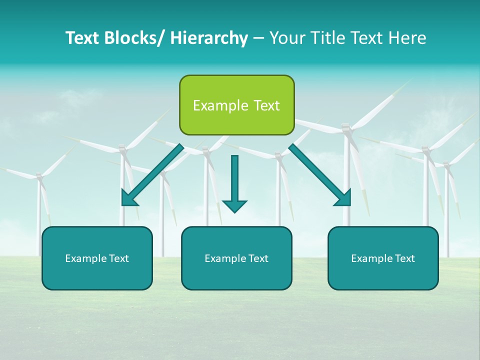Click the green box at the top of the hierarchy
click(236, 105)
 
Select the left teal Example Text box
click(97, 258)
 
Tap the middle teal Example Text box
click(236, 258)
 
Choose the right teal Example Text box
click(383, 258)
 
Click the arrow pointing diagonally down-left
click(152, 175)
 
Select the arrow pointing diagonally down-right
click(320, 175)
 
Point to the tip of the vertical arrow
click(234, 211)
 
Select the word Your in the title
click(286, 38)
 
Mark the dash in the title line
click(258, 38)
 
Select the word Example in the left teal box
click(86, 258)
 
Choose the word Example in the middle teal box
click(225, 258)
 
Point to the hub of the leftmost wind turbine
click(39, 176)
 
